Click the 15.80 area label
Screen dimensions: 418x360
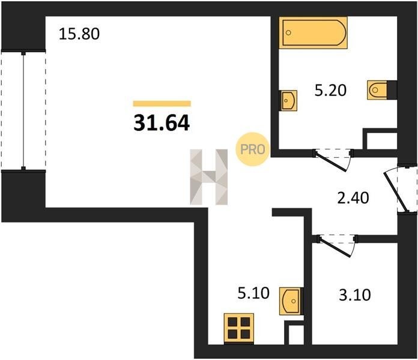[x=79, y=34]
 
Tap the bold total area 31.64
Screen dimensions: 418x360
[x=162, y=123]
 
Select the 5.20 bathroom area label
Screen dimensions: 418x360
[x=330, y=90]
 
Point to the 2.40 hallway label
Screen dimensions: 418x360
[x=353, y=198]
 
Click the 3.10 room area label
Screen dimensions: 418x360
[x=355, y=295]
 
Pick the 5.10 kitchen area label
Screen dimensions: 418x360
[x=253, y=293]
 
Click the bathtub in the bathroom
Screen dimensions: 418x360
[x=313, y=33]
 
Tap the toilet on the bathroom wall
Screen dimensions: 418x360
[x=377, y=90]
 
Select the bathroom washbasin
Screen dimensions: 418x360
[x=288, y=100]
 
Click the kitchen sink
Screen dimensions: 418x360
[x=289, y=301]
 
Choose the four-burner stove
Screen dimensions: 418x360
[x=239, y=329]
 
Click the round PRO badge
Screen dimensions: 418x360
[x=252, y=149]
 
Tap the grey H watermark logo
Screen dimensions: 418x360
[x=209, y=177]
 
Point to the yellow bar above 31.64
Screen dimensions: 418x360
[x=162, y=103]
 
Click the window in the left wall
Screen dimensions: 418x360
[x=23, y=110]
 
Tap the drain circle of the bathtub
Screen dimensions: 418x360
[x=288, y=33]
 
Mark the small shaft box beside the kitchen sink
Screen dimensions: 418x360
[x=294, y=333]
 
